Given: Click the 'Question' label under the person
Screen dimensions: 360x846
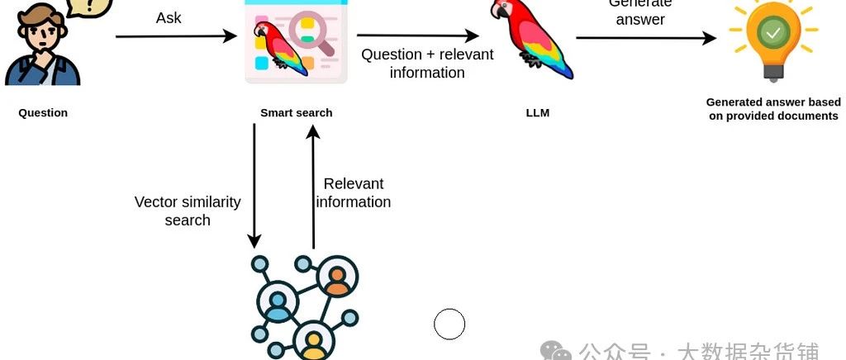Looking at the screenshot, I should [x=43, y=113].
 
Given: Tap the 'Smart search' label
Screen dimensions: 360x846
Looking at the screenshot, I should [x=296, y=113].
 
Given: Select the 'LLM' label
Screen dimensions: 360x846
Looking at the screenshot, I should [x=537, y=113].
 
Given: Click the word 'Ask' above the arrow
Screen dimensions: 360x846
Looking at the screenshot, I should [x=169, y=17].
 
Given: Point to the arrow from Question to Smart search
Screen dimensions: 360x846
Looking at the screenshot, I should [x=175, y=36].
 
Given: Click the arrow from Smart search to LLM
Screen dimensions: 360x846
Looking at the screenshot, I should [x=417, y=36].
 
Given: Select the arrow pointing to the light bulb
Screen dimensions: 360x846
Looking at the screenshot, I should [x=645, y=38].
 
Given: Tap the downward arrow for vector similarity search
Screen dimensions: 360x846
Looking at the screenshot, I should [x=254, y=186].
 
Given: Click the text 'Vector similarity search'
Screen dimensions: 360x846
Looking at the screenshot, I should [x=188, y=211].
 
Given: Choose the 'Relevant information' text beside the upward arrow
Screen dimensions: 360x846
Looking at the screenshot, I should [x=354, y=192].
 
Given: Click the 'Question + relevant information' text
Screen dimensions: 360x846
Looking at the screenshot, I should [x=427, y=64].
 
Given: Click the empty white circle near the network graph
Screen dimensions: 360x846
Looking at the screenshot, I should [x=449, y=324].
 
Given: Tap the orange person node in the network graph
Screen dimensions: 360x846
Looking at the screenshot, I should [x=336, y=279].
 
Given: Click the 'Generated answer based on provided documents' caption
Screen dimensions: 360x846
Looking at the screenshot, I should [x=772, y=109].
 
